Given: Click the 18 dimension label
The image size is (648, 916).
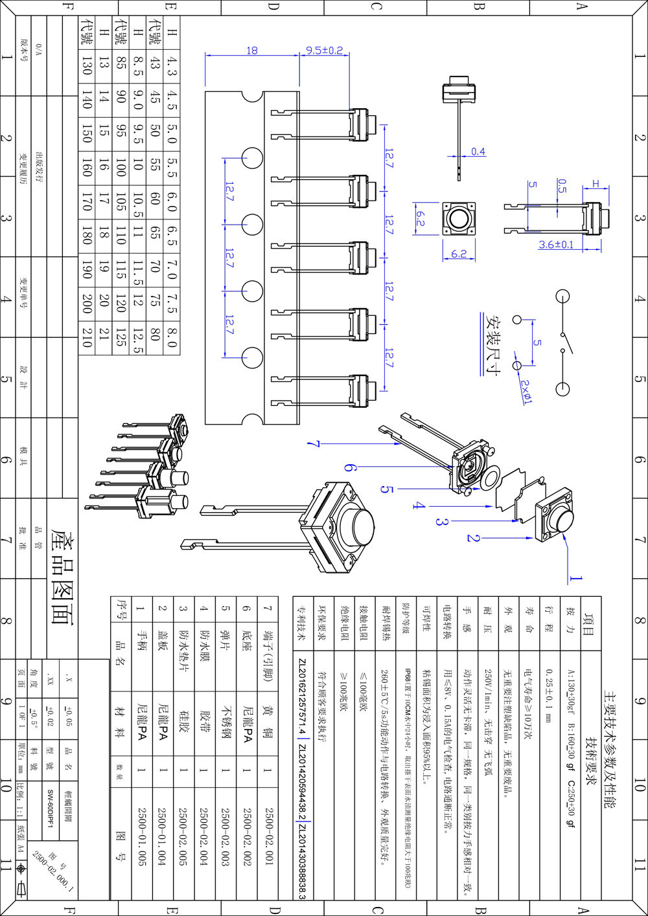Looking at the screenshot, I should coord(252,50).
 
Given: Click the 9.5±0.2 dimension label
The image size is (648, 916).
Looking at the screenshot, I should coord(324,50).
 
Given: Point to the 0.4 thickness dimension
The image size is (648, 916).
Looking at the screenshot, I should coord(478,151).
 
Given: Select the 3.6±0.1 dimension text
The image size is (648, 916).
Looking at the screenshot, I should coord(556,245).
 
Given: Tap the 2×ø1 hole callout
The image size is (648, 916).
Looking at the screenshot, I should coord(526,391).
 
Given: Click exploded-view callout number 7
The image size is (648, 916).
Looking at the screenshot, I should coord(314,444).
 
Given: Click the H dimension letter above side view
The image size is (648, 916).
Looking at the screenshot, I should coord(596,184).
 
